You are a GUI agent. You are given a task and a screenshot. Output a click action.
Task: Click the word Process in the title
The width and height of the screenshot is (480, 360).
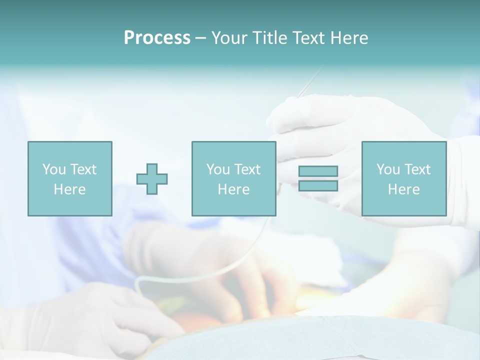tap(157, 38)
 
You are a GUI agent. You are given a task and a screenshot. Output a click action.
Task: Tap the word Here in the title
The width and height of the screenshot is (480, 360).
tap(347, 38)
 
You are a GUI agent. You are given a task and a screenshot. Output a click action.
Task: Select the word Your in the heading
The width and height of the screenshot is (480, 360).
tap(228, 38)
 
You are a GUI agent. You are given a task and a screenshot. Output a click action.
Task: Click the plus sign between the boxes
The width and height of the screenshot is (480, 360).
tap(152, 179)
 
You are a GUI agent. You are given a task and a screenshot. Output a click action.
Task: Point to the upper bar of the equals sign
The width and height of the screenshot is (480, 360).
tap(318, 171)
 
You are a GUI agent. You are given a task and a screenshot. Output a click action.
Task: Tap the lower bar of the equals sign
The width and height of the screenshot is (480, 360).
tap(318, 185)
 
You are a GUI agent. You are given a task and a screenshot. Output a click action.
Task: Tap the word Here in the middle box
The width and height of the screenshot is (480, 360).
tap(233, 189)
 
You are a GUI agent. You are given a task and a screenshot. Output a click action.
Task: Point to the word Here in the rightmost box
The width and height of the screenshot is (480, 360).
tap(403, 189)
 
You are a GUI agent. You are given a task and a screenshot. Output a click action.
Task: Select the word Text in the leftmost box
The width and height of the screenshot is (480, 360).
tap(83, 169)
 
